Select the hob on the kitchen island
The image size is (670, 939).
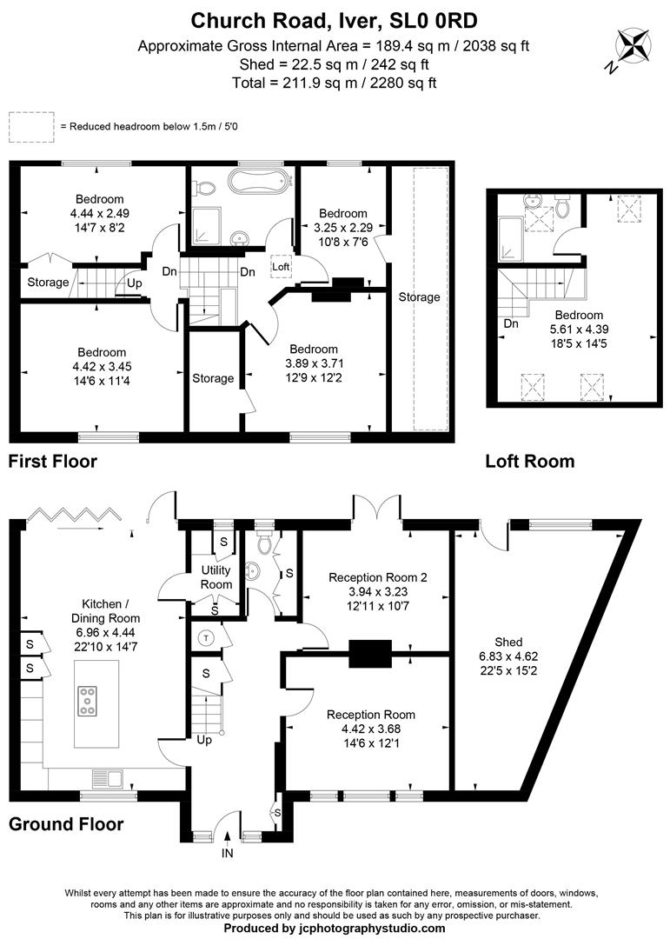point(88,700)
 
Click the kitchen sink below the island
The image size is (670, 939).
point(110,776)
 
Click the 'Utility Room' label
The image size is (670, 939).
point(216,577)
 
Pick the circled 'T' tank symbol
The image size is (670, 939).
point(207,636)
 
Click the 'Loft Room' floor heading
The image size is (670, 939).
point(529,462)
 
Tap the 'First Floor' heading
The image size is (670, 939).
point(53,462)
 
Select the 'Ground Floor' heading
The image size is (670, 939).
point(66,824)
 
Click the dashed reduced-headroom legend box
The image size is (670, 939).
point(30,127)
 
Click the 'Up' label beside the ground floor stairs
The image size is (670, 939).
point(205,741)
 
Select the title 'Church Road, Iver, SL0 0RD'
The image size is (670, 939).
point(334,19)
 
